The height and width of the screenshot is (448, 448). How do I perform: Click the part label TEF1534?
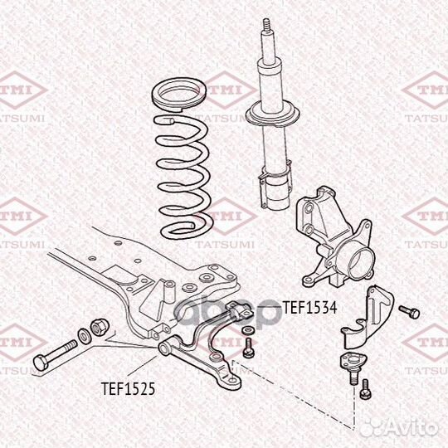click(310, 308)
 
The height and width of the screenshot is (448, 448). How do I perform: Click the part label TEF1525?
click(129, 388)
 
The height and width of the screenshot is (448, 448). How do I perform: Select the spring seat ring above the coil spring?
click(179, 95)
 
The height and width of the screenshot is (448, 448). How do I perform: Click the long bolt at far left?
click(55, 355)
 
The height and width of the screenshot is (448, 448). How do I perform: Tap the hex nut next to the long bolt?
click(100, 327)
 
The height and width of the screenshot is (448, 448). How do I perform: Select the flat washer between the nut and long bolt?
click(84, 336)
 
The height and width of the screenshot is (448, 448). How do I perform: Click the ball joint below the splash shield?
click(353, 368)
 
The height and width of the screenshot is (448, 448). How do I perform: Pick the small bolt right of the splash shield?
click(409, 311)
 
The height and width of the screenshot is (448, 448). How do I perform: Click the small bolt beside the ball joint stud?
click(365, 389)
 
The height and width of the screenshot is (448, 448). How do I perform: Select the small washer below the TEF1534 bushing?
click(247, 331)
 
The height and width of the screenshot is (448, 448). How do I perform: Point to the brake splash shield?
click(368, 317)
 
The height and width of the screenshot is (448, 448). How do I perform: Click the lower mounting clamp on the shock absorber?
click(275, 183)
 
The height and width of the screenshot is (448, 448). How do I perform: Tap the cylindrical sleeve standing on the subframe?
click(169, 291)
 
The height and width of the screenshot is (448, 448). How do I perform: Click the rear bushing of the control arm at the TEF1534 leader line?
click(239, 311)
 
